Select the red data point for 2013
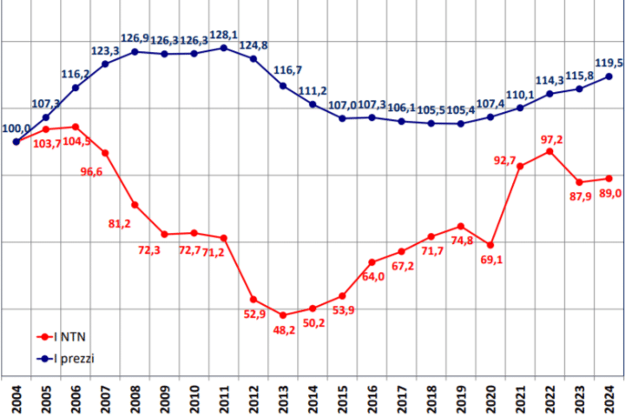point(283,314)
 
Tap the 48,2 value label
point(284,330)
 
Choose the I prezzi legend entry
point(75,357)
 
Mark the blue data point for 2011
point(224,48)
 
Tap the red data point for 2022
point(549,151)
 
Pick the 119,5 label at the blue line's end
point(608,63)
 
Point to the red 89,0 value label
point(609,194)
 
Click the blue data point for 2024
point(609,76)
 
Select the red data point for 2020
point(490,245)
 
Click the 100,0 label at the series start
point(17,129)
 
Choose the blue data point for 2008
point(135,51)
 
